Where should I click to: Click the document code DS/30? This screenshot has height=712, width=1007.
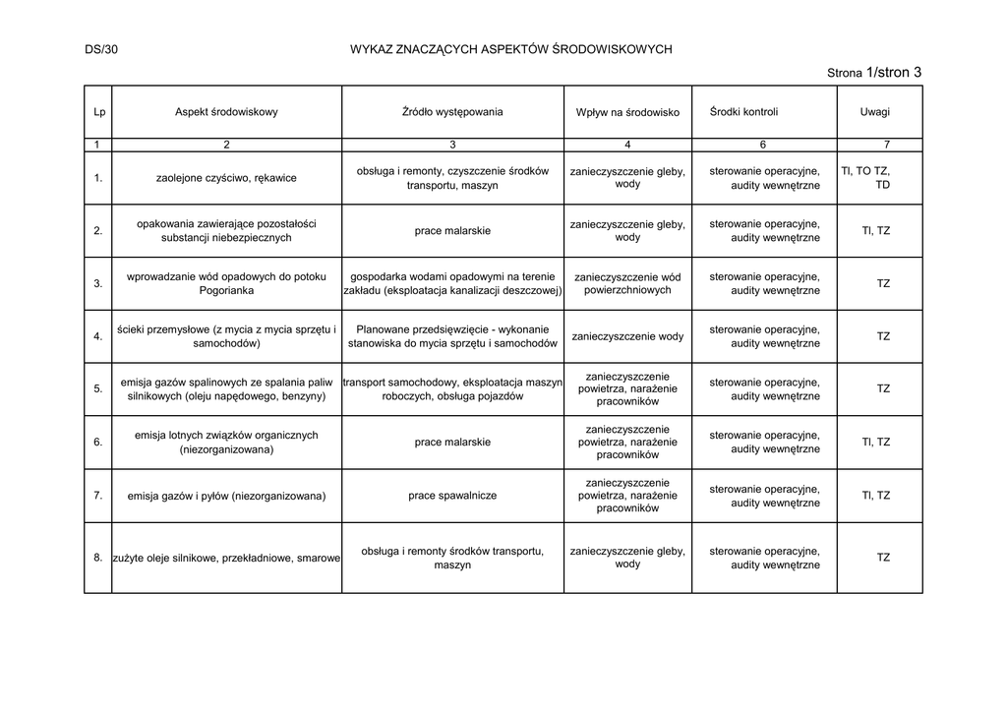101,48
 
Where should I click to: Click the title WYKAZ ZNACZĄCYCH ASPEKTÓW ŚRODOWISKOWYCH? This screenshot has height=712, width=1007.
511,48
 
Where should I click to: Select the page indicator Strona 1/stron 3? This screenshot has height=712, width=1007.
874,72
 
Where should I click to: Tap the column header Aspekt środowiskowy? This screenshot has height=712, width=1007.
226,112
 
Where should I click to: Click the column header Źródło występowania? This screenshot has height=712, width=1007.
452,111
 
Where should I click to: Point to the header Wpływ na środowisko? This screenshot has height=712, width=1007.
627,113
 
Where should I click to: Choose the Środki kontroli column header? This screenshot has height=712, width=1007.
743,112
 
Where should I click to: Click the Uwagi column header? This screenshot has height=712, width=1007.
875,112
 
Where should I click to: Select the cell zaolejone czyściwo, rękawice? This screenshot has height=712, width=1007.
226,178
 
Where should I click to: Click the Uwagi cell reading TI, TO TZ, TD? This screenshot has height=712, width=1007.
868,178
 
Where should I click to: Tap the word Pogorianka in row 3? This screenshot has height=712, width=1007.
226,291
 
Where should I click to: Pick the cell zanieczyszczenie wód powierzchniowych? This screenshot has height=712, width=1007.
627,283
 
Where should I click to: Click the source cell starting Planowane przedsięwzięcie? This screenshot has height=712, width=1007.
452,336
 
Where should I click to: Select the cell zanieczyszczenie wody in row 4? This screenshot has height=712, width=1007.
627,336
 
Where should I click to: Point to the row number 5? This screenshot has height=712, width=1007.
98,388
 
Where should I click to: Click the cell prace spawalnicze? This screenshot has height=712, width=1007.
452,496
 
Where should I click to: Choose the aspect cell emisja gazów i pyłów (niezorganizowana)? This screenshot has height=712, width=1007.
226,496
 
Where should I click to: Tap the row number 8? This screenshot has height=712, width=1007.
98,558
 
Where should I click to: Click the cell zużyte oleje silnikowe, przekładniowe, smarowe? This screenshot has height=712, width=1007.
226,558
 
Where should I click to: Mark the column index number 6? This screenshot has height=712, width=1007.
763,145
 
